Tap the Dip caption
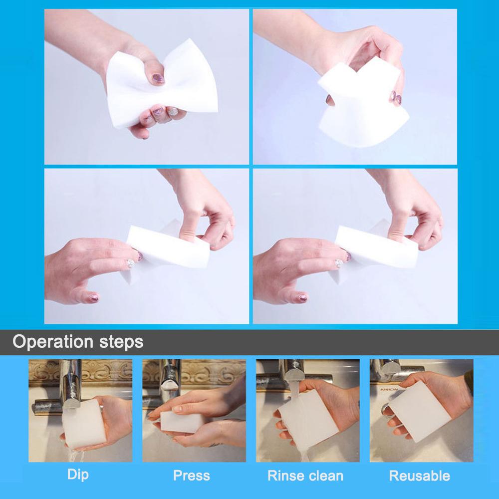tap(78, 474)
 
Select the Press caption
tap(192, 475)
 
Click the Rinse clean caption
tap(305, 475)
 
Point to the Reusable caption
tap(419, 475)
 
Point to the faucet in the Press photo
tap(170, 379)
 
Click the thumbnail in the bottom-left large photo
tap(131, 263)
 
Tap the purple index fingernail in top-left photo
tap(158, 78)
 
